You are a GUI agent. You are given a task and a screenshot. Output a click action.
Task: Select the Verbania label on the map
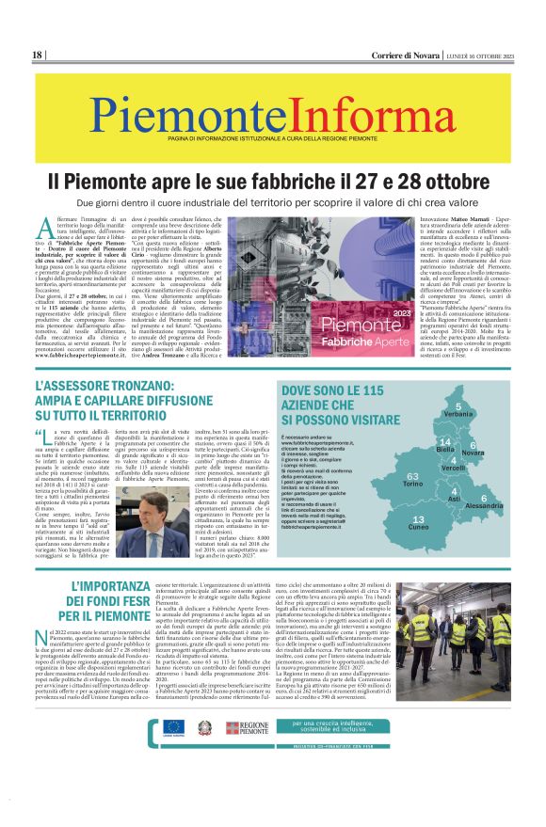click(458, 414)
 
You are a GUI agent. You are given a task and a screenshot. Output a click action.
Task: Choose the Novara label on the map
click(474, 453)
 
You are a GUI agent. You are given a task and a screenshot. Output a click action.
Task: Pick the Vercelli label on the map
click(453, 469)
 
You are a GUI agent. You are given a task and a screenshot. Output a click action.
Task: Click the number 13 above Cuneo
click(419, 519)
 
